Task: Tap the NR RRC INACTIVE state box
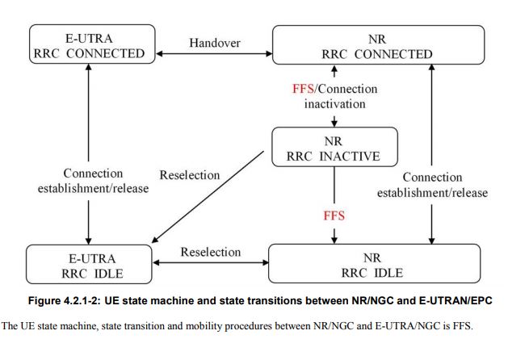pos(335,148)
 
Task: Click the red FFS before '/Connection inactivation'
pos(303,88)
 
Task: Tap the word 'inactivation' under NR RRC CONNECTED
pos(335,103)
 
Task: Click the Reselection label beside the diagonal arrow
pos(190,175)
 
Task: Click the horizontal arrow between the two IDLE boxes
pos(210,264)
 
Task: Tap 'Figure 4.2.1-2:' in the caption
pos(76,300)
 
